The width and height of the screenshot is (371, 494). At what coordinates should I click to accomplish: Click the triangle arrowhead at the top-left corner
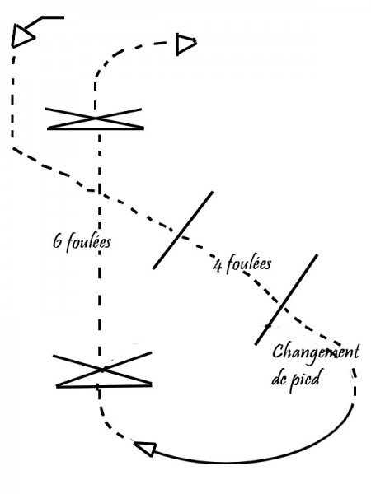pos(21,36)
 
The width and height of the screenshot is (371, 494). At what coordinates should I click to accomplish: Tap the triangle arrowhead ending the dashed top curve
pos(185,44)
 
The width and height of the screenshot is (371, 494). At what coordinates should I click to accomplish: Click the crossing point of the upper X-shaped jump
pos(96,118)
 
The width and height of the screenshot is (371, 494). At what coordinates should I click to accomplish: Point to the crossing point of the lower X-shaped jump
pos(103,369)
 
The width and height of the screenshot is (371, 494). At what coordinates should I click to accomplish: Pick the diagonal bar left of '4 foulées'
pos(183,230)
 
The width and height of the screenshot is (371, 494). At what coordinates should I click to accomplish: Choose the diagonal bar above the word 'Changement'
pos(286,300)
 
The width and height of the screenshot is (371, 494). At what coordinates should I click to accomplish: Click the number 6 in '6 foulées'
pos(58,242)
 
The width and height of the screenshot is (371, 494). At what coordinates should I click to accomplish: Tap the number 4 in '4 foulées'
pos(218,265)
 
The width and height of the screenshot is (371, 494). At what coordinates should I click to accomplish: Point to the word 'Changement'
pos(316,352)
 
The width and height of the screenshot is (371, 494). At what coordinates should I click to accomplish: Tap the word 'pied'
pos(304,380)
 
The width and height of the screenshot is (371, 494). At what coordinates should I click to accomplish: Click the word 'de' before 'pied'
pos(279,379)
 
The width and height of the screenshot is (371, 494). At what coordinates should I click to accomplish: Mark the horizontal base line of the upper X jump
pos(96,128)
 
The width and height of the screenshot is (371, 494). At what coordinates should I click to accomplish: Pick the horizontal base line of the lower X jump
pos(104,385)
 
